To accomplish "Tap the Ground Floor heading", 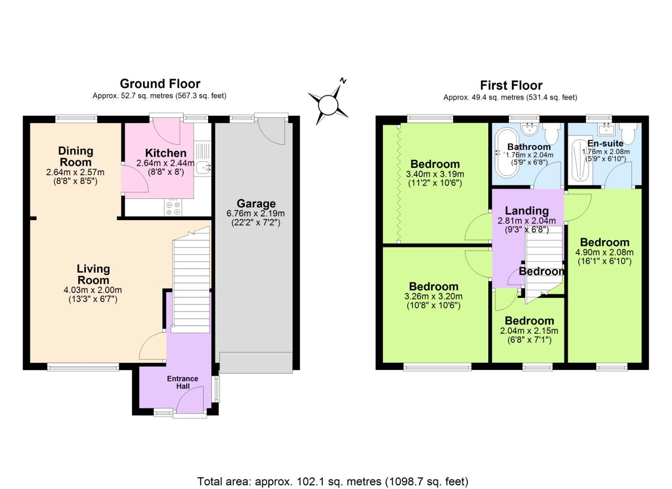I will (x=160, y=84).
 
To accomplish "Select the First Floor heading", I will (x=511, y=85).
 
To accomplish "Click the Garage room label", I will (x=256, y=204).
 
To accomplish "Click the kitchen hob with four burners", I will (x=173, y=207).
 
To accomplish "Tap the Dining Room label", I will (x=76, y=156).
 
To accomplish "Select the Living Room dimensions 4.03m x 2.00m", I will (x=93, y=290).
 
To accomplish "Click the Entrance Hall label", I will (x=182, y=382).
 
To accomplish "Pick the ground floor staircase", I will (x=192, y=281).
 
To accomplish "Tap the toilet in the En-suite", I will (x=629, y=133).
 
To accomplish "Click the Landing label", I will (x=527, y=211).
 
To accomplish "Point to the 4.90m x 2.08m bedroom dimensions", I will (x=604, y=253).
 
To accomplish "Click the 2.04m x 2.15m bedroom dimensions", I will (x=529, y=331).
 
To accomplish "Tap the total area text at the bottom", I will (x=333, y=481).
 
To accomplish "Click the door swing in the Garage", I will (x=272, y=131).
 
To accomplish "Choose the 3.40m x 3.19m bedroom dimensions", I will (x=435, y=174).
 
